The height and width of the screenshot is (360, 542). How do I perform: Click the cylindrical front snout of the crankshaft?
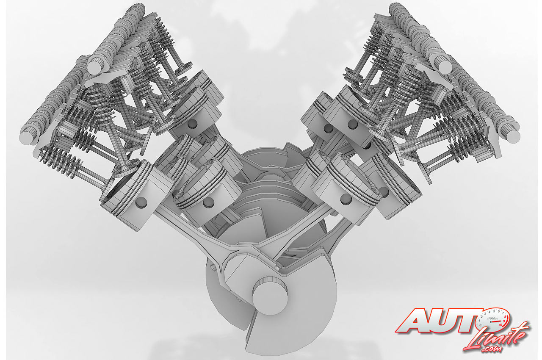pos(270,296)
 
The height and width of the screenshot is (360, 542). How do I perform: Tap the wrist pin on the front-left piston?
pos(141,202)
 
